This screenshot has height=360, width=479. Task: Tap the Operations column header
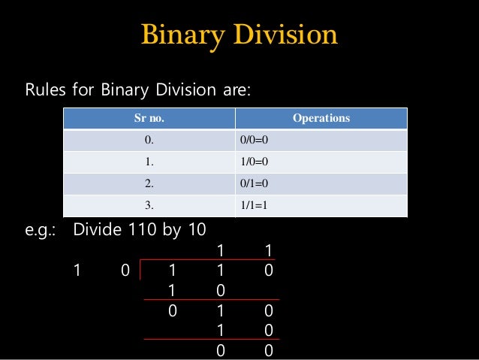[x=322, y=119]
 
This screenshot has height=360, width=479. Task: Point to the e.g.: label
[x=41, y=229]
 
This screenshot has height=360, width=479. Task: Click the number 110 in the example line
[x=136, y=229]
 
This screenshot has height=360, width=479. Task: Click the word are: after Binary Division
[x=236, y=91]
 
